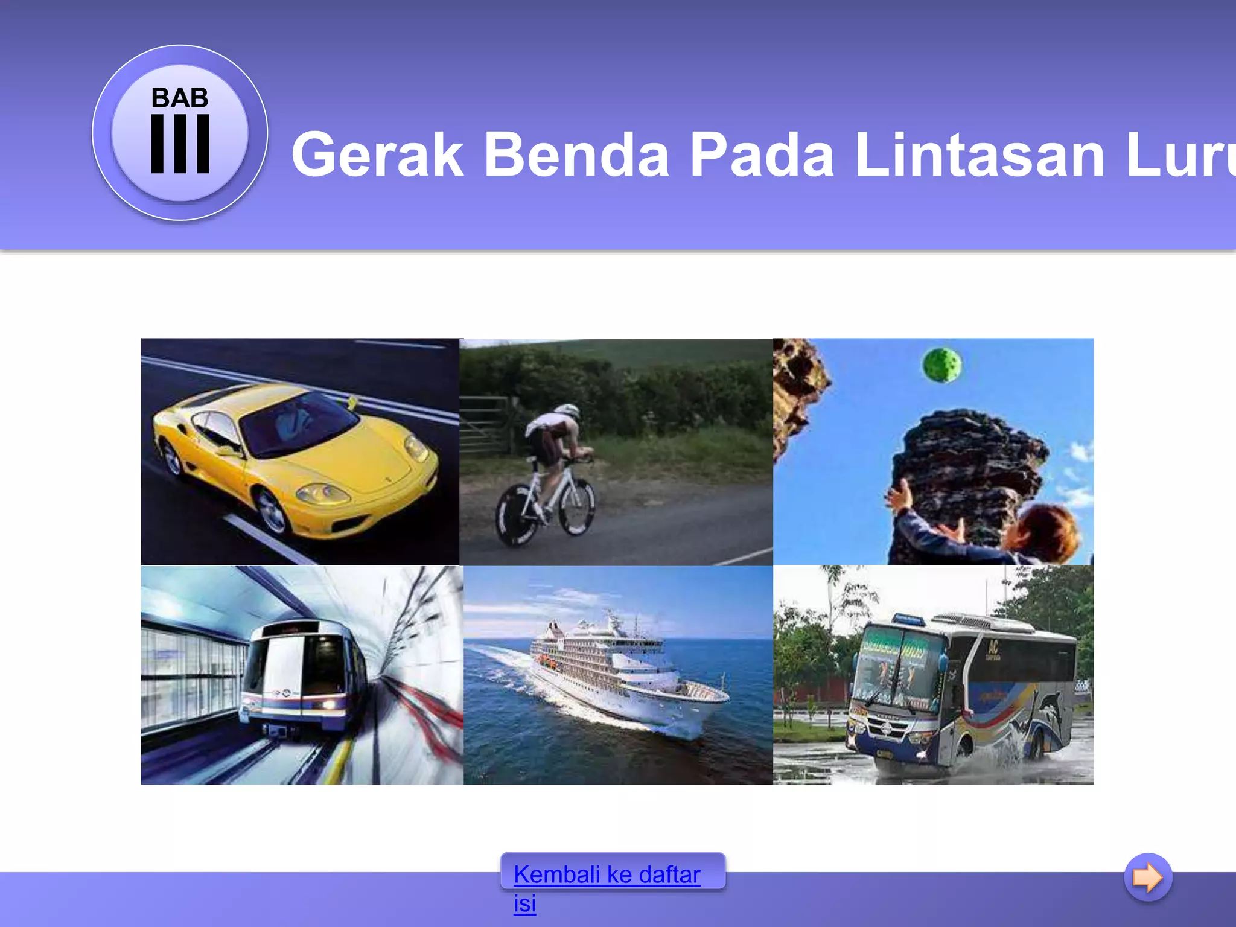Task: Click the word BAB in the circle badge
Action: click(180, 98)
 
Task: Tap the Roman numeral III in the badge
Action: click(180, 144)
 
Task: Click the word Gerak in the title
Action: click(377, 155)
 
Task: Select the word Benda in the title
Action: click(576, 155)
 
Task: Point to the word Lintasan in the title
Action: click(980, 155)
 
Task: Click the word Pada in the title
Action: click(762, 155)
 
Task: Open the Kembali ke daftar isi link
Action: click(607, 875)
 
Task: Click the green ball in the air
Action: click(942, 365)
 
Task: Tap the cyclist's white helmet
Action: click(568, 412)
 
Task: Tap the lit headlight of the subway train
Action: click(328, 705)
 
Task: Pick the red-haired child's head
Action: click(1047, 532)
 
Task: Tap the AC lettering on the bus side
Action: click(993, 649)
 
